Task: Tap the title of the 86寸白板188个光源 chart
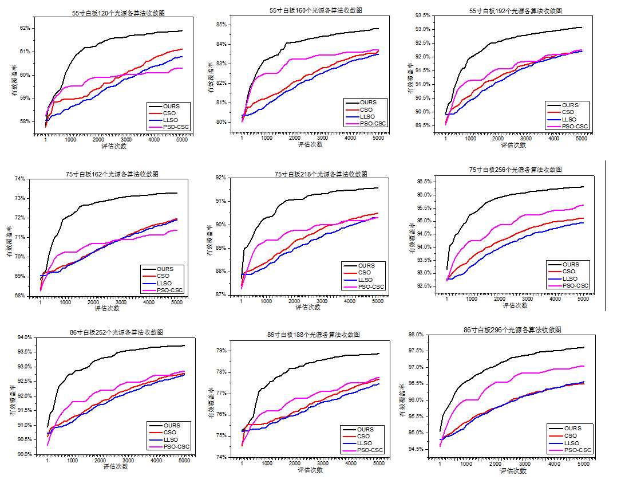coord(313,335)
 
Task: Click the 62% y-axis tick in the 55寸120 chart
coord(25,28)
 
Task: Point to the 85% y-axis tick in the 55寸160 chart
coord(222,25)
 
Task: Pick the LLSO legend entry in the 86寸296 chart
coord(572,443)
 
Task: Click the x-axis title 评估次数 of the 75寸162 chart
coord(107,308)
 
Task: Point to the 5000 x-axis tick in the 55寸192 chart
coord(582,138)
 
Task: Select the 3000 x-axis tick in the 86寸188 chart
coord(323,464)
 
